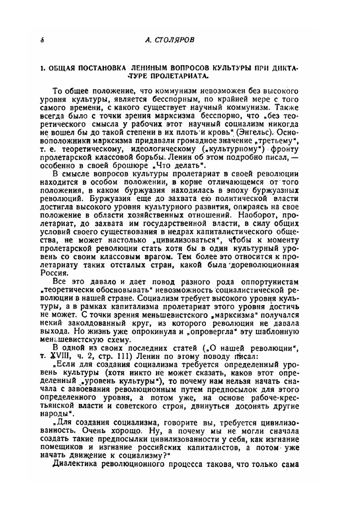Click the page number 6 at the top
click(x=42, y=40)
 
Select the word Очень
click(x=85, y=431)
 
